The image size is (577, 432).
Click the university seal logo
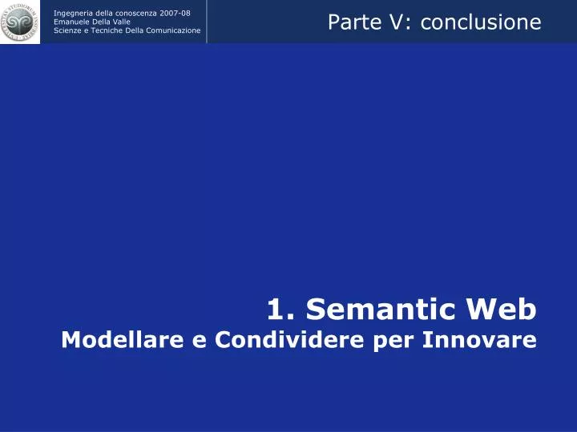(x=20, y=22)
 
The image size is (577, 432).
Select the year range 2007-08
(x=176, y=13)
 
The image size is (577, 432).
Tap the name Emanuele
(x=71, y=22)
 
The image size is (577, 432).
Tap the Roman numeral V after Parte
(x=392, y=22)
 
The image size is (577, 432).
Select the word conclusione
(x=481, y=22)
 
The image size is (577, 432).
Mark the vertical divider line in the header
(x=207, y=22)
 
